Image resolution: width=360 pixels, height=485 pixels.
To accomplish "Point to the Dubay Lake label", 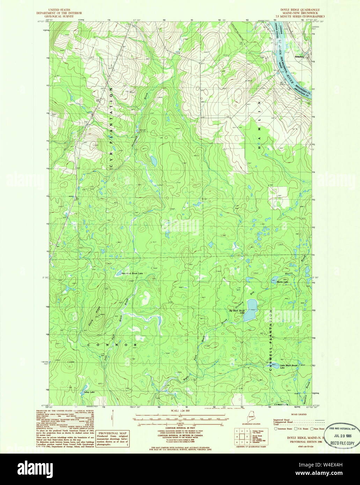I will [89, 392].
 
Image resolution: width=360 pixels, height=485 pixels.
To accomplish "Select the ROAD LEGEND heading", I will [297, 414].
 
